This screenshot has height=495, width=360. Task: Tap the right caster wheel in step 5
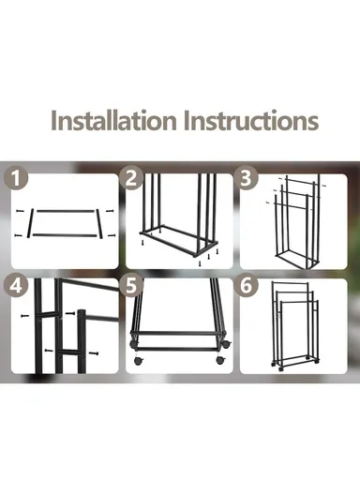click(219, 359)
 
